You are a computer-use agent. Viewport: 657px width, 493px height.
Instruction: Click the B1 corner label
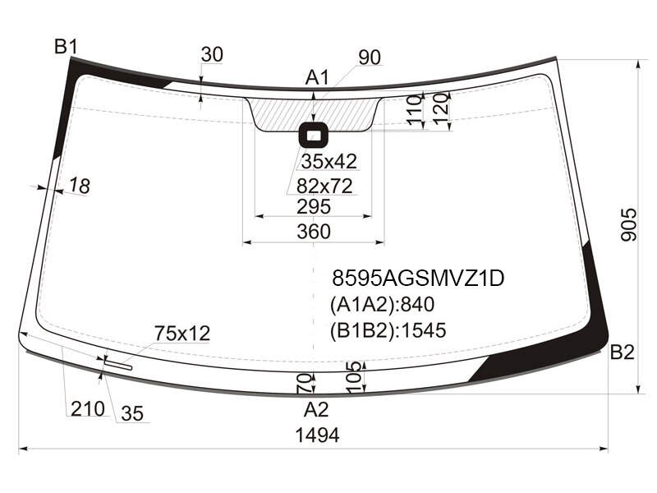coord(66,47)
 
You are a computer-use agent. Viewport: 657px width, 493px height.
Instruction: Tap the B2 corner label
coord(622,352)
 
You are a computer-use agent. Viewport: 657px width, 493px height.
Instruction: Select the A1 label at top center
coord(317,77)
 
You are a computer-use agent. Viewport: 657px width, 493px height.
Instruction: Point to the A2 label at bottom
coord(316,409)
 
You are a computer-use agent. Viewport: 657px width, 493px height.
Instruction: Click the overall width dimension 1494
coord(317,435)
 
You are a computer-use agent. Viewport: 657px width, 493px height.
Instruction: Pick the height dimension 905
coord(627,224)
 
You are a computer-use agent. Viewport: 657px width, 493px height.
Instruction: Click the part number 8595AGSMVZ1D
coord(418,278)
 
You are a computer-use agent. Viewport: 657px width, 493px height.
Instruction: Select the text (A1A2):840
coord(382,304)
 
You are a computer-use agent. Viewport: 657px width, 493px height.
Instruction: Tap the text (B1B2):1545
coord(388,330)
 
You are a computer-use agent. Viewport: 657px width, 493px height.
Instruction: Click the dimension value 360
coord(314,232)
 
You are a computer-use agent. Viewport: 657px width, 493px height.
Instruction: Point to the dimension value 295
coord(314,207)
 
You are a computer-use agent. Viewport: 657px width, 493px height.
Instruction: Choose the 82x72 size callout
coord(324,186)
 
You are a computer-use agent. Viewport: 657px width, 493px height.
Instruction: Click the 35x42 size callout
coord(329,161)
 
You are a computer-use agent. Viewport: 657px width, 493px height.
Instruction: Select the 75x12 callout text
coord(182,334)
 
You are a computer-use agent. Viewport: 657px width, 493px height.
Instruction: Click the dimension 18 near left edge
coord(79,186)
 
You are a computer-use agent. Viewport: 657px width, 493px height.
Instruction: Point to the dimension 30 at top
coord(212,54)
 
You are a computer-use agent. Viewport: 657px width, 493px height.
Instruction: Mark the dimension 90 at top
coord(370,58)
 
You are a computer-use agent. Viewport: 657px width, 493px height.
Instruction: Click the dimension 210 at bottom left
coord(88,408)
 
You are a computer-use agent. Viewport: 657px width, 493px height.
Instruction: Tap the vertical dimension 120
coord(441,109)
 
